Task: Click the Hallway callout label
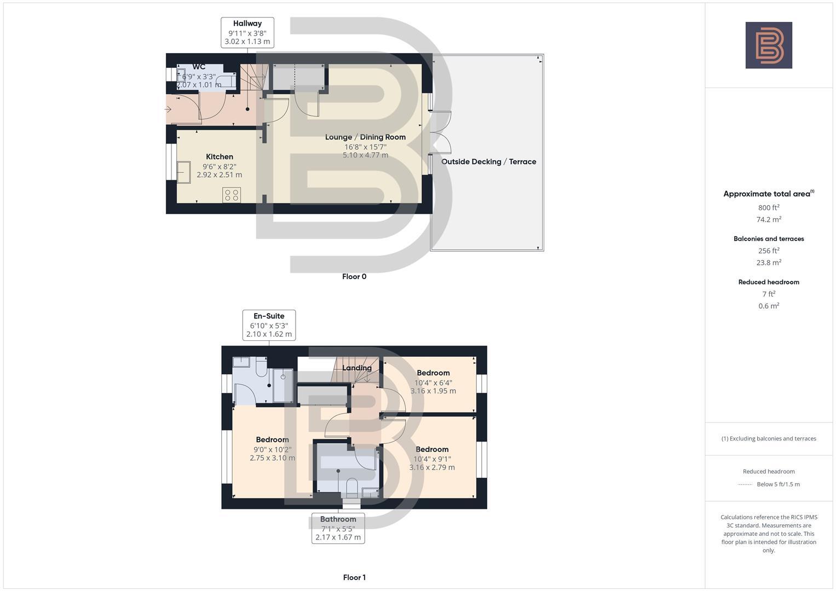click(247, 32)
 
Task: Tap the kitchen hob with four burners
click(232, 195)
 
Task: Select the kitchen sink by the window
click(183, 172)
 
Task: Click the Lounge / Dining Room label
click(365, 137)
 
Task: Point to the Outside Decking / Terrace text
click(488, 162)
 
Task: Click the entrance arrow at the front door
click(169, 109)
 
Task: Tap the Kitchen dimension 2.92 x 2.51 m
click(219, 175)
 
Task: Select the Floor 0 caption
click(354, 277)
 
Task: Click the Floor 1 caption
click(354, 577)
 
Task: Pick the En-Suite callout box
click(269, 325)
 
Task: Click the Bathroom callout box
click(338, 528)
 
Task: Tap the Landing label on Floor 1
click(357, 368)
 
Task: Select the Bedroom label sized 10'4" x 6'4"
click(433, 373)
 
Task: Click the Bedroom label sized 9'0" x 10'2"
click(272, 440)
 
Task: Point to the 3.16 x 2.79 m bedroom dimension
click(432, 468)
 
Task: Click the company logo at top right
click(769, 45)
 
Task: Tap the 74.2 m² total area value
click(769, 219)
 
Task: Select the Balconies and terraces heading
click(769, 239)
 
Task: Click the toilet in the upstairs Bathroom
click(351, 486)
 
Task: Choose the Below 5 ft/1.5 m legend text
click(778, 484)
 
